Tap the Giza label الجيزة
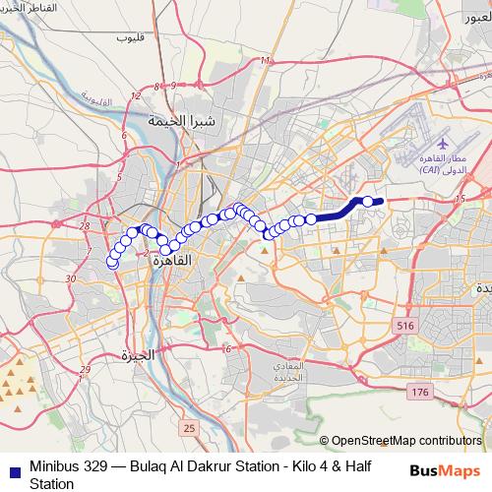click(x=135, y=354)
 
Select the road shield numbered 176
click(x=421, y=393)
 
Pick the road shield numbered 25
click(x=189, y=428)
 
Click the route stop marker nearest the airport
click(x=368, y=202)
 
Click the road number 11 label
click(x=264, y=61)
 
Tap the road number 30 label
click(x=69, y=279)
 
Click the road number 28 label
click(x=86, y=226)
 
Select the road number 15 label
click(x=461, y=200)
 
